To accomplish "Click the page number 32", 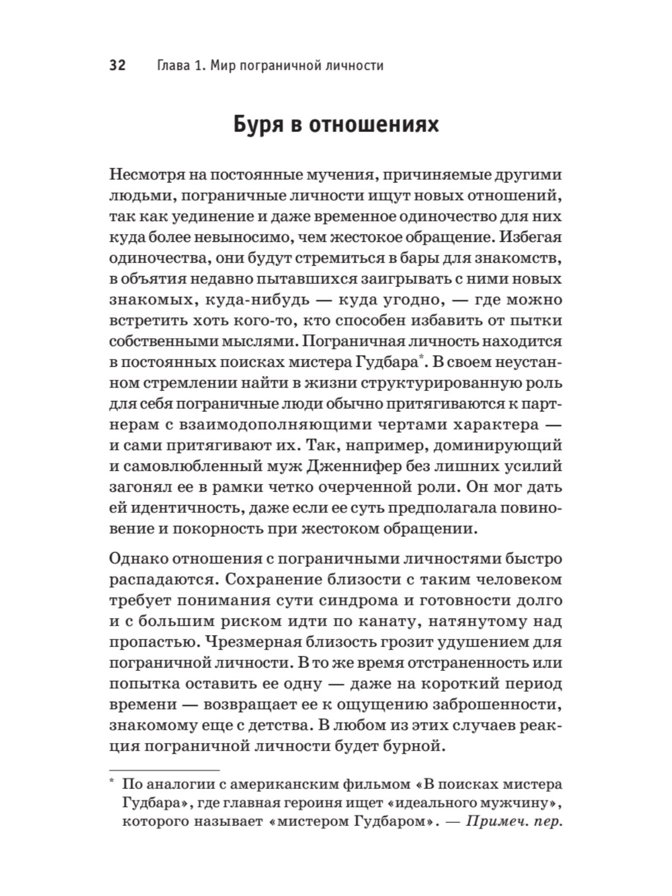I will pyautogui.click(x=118, y=66).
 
